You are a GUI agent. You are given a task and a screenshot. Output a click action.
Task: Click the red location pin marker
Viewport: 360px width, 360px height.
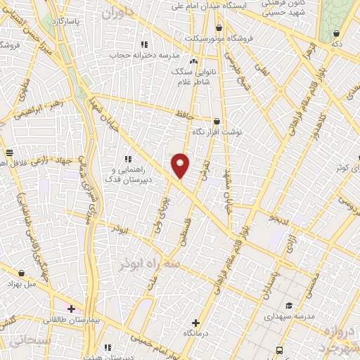coord(180,165)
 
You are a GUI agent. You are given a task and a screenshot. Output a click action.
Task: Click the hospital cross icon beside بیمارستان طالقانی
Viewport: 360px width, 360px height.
coord(71,308)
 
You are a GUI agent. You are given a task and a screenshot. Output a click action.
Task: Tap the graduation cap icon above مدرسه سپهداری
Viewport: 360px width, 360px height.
coord(289,305)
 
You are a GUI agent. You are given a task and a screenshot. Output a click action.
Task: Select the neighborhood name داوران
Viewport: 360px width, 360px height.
coord(117,13)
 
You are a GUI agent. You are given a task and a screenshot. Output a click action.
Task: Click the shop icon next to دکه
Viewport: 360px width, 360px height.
coord(337,33)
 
